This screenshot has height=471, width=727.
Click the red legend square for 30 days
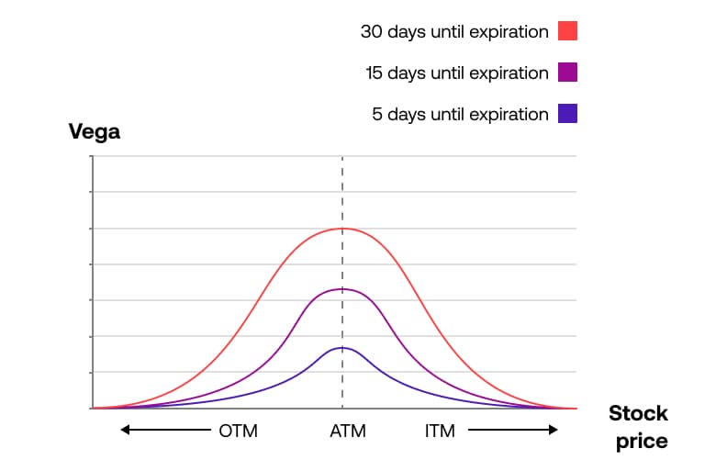click(x=567, y=31)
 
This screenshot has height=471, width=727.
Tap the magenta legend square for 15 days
click(x=567, y=73)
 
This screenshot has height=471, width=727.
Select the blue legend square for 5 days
click(x=567, y=114)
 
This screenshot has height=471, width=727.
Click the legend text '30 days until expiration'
click(x=454, y=31)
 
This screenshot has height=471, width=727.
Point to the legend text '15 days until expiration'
click(x=455, y=73)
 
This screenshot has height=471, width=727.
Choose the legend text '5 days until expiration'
click(x=460, y=114)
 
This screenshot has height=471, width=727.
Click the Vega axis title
click(x=95, y=132)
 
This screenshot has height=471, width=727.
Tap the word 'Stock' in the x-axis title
click(x=638, y=413)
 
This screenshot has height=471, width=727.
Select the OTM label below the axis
click(x=239, y=431)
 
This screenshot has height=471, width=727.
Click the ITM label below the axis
click(x=440, y=431)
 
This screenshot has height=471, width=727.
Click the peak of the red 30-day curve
click(x=342, y=228)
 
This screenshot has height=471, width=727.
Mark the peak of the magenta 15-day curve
click(x=342, y=289)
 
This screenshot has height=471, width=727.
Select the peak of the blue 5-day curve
click(x=342, y=347)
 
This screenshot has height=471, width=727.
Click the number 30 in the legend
click(x=371, y=31)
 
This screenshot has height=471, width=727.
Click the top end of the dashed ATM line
click(x=342, y=158)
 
